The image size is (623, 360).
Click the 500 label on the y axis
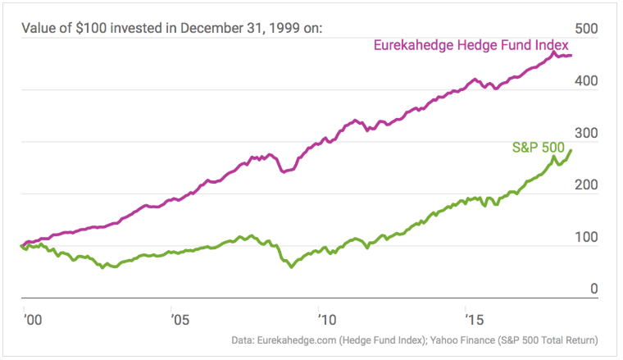[589, 29]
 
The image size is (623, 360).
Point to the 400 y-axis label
[589, 82]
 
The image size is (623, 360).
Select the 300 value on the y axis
[589, 134]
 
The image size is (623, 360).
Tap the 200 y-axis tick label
[589, 187]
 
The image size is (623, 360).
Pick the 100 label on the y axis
[589, 239]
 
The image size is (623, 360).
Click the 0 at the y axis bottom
[594, 289]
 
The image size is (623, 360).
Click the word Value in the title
[39, 29]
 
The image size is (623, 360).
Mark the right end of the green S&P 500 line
[571, 149]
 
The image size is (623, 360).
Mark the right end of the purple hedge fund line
[571, 56]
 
